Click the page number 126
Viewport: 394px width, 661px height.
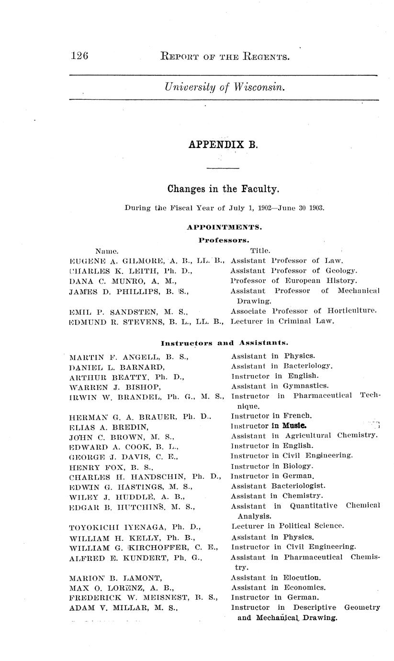click(79, 56)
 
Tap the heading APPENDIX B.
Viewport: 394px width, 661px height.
click(223, 144)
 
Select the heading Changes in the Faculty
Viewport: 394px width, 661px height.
click(223, 189)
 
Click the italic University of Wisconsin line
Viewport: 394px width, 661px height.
click(225, 87)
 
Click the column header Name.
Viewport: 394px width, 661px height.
click(107, 251)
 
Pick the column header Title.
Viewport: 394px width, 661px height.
click(260, 251)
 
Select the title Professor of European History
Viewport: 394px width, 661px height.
click(293, 281)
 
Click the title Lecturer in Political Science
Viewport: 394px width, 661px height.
click(287, 526)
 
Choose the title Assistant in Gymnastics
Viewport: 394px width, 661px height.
click(277, 386)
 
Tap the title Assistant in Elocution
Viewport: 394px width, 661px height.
click(276, 578)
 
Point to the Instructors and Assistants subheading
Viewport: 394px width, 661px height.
click(224, 343)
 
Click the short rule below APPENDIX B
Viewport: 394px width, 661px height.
click(223, 168)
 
